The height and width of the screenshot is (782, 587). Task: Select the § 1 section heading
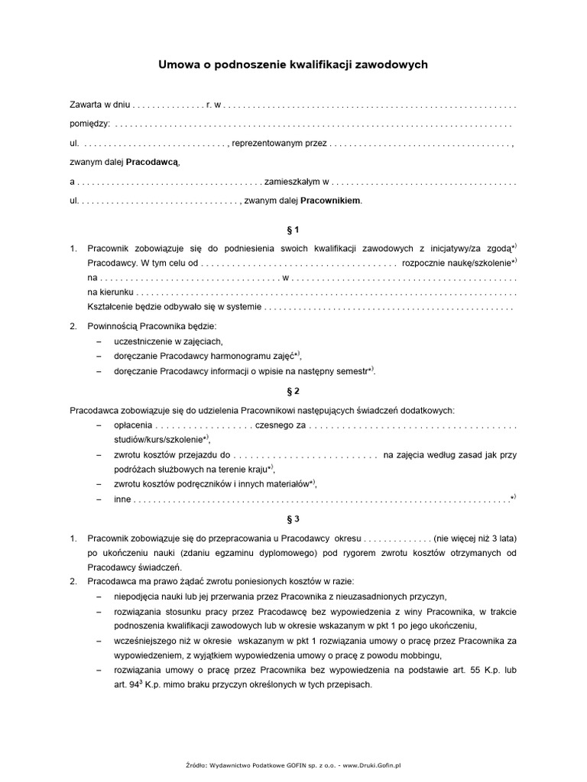(x=293, y=229)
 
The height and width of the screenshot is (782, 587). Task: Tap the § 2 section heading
(x=293, y=391)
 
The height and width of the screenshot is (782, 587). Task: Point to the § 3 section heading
(x=293, y=519)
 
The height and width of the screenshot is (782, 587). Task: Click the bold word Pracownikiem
(x=330, y=201)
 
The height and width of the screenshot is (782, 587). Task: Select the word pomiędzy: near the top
(x=89, y=123)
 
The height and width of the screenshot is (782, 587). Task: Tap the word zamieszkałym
(x=291, y=182)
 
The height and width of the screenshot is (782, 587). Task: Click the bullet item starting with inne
(x=122, y=499)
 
